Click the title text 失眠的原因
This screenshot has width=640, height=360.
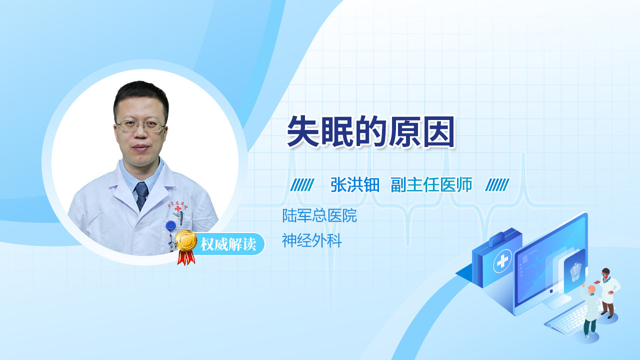(x=370, y=131)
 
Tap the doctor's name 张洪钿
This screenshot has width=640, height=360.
(x=355, y=184)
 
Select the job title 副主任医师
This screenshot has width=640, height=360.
(x=431, y=184)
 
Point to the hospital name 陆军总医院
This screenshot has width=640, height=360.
(x=319, y=215)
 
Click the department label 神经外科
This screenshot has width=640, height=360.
(x=311, y=240)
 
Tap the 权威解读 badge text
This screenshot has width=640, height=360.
(x=228, y=244)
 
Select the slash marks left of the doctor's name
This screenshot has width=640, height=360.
(x=302, y=185)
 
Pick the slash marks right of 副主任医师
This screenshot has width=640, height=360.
(x=497, y=185)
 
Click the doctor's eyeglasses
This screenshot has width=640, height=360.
(x=141, y=125)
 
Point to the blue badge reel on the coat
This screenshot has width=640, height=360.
(x=171, y=225)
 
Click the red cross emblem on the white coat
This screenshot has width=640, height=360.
(x=178, y=209)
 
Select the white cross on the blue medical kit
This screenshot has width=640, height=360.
(x=502, y=261)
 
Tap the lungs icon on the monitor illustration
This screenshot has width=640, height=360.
(x=575, y=271)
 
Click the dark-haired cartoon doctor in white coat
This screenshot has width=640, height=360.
(x=608, y=292)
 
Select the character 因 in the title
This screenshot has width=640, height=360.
(x=439, y=132)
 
